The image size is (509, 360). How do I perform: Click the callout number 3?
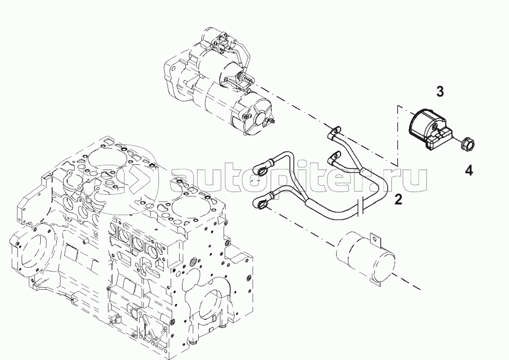coord(440,91)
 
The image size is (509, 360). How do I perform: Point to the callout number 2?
coord(398,200)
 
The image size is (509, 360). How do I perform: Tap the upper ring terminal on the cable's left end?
coord(262,171)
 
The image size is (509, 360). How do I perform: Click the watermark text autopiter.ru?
coord(301,180)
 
